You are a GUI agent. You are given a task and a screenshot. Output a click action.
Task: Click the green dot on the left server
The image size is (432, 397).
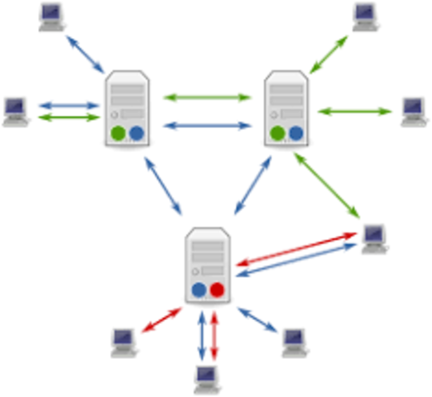point(118,132)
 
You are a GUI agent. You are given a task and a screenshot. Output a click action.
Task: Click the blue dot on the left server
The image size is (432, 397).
point(137,132)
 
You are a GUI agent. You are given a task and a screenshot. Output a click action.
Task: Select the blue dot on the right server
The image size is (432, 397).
point(295,132)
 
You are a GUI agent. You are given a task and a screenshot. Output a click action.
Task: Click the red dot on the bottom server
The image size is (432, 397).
point(217,289)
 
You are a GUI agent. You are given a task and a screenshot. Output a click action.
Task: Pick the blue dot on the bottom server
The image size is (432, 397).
point(199,289)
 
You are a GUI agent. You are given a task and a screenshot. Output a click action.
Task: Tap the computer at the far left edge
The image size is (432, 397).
point(15,110)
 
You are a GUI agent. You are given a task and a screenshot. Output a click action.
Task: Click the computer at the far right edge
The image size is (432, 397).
point(413,111)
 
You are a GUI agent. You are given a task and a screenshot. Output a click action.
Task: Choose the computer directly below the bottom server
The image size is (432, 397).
point(206,379)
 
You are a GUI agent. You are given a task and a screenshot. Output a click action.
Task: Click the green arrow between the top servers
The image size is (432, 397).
point(207,98)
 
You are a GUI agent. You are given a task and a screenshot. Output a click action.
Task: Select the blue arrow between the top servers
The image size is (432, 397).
point(207,127)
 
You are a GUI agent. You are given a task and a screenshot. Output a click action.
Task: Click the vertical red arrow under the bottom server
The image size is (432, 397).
point(214,334)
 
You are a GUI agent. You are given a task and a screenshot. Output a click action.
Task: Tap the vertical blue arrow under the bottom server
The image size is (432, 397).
point(200,334)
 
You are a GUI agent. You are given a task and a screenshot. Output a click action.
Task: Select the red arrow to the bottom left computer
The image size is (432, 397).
point(161,321)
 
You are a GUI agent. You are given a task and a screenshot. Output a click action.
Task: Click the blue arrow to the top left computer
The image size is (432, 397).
point(85,53)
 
